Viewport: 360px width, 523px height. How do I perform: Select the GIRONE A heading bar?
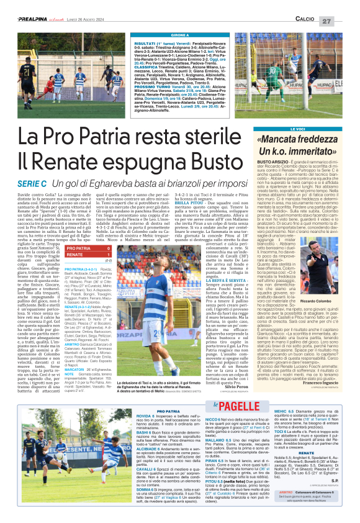(180, 35)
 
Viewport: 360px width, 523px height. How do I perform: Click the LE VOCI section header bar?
(298, 129)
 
